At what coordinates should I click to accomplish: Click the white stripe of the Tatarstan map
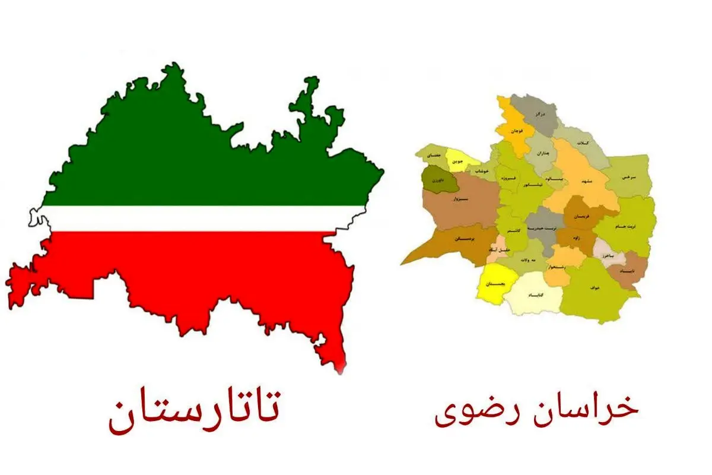coord(196,218)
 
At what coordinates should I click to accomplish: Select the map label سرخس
coord(628,177)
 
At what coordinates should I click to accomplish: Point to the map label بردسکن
coord(463,239)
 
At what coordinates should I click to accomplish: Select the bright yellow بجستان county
coord(492,284)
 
